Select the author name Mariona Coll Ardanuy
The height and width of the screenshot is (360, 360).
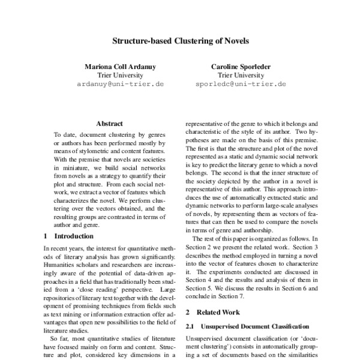[122, 66]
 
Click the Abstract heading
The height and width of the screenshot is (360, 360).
[110, 123]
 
